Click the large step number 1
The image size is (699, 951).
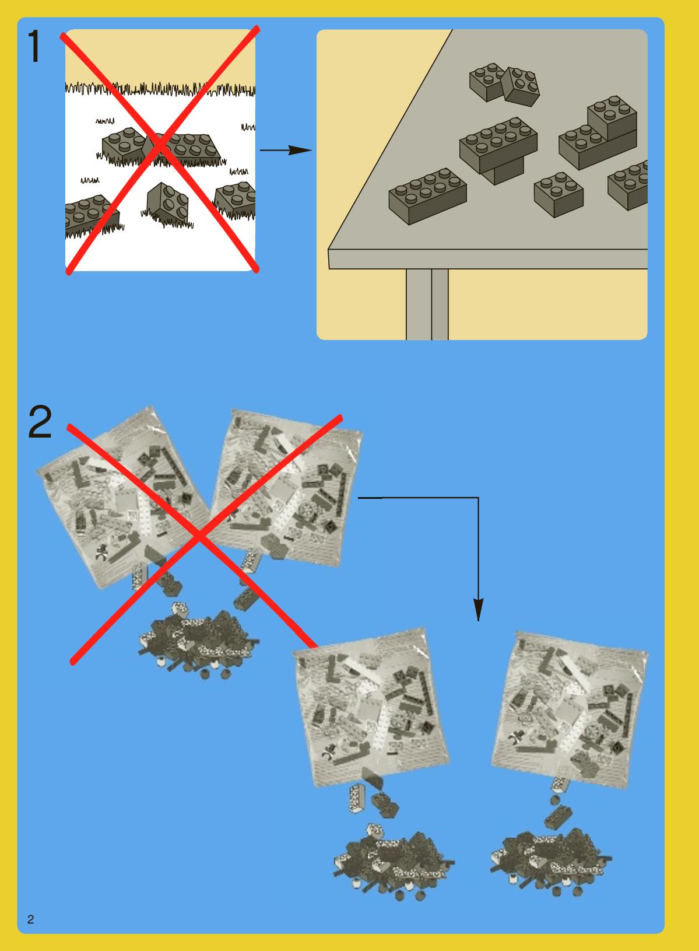(x=34, y=47)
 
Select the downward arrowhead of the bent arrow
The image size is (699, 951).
(x=479, y=610)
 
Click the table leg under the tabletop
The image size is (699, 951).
(x=427, y=304)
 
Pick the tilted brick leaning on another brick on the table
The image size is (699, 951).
(x=521, y=86)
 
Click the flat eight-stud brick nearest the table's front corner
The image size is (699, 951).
(x=427, y=195)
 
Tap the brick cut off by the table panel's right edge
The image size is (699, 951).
(x=628, y=185)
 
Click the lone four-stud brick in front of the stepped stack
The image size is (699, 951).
(x=558, y=194)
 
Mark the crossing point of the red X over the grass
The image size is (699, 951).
(x=161, y=145)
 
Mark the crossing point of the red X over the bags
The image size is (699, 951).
(x=199, y=537)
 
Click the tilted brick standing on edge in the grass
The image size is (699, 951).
(x=167, y=203)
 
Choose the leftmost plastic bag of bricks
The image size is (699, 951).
(x=123, y=497)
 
